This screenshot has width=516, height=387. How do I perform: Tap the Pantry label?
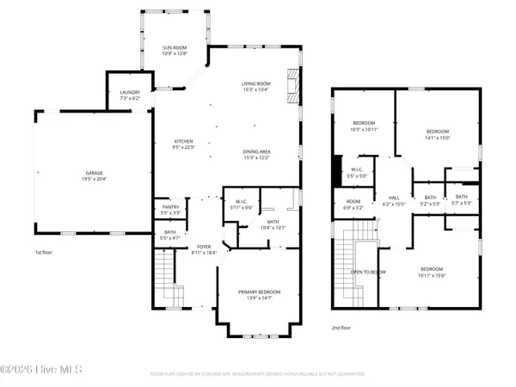pyautogui.click(x=169, y=207)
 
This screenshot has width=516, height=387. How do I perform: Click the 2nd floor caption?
pyautogui.click(x=342, y=328)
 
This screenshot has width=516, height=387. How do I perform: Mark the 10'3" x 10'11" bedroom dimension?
pyautogui.click(x=364, y=130)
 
